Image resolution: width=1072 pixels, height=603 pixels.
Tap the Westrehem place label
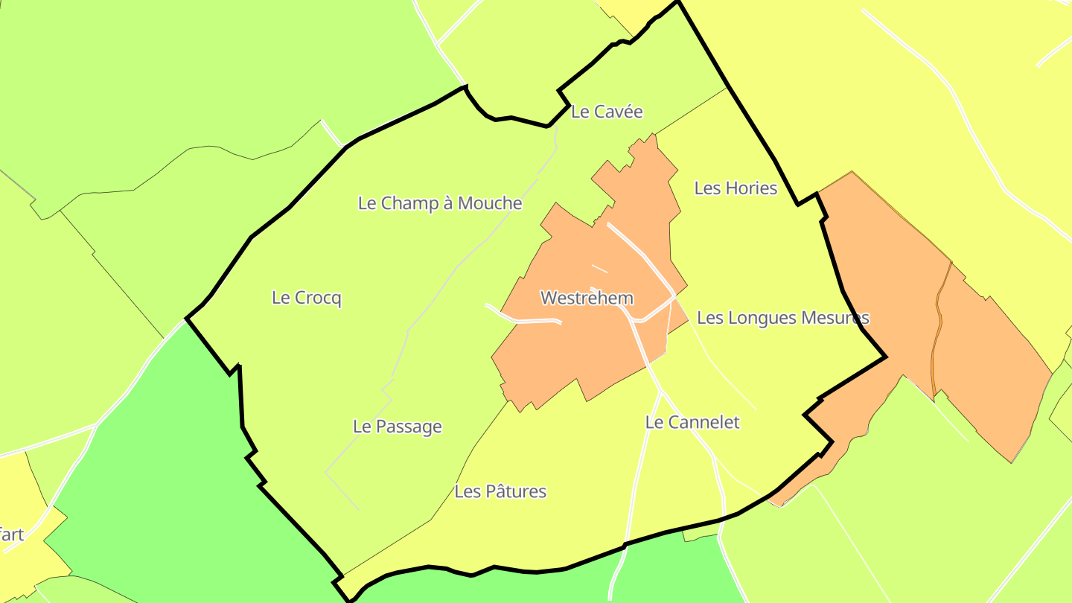(x=587, y=299)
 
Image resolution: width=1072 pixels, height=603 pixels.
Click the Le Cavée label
(x=606, y=112)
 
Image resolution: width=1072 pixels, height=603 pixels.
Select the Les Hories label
(x=735, y=188)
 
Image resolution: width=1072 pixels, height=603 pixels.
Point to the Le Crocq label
(x=306, y=298)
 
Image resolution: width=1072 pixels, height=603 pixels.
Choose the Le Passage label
(x=397, y=427)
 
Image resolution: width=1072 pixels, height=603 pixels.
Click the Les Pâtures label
(x=500, y=491)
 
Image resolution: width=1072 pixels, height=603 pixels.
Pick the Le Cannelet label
(x=692, y=423)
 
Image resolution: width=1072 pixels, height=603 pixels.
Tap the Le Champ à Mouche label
(x=439, y=203)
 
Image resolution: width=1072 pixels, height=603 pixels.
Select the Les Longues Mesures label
(x=782, y=318)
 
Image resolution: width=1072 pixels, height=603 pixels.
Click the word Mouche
(x=490, y=203)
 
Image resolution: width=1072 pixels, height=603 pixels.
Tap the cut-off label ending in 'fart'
(x=11, y=535)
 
